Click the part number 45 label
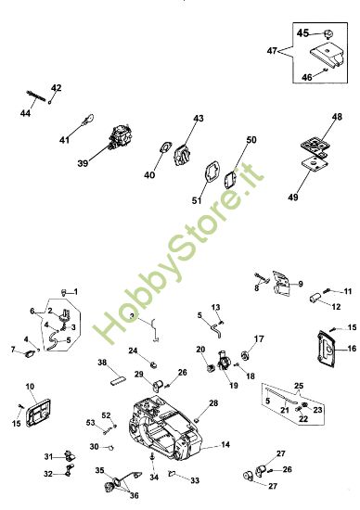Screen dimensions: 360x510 (x=302, y=32)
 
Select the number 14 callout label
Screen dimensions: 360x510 (x=225, y=444)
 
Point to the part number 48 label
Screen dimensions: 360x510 (x=337, y=117)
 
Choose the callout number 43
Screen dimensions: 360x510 (x=199, y=118)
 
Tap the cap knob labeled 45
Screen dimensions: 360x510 (x=328, y=33)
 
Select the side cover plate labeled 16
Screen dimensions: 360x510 (x=327, y=350)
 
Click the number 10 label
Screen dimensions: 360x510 (x=30, y=387)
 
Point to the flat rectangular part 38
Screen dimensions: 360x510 (x=117, y=380)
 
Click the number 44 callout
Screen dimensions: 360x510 (x=25, y=113)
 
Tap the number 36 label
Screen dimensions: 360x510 (x=135, y=495)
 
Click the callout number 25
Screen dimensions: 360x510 (x=299, y=386)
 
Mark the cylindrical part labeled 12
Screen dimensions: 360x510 (x=315, y=298)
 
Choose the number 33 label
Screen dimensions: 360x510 (x=195, y=480)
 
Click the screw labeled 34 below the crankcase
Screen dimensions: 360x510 (x=152, y=458)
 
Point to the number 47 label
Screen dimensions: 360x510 (x=272, y=51)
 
